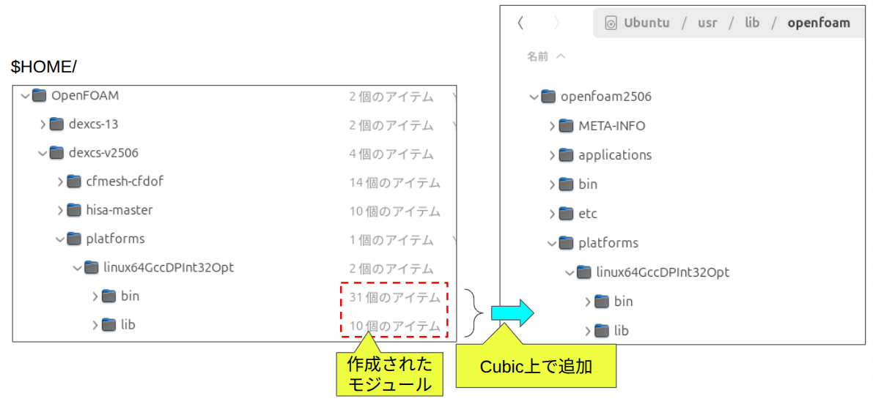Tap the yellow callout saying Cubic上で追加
[535, 366]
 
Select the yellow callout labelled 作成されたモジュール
[389, 374]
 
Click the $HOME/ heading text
[44, 67]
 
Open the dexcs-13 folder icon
[56, 124]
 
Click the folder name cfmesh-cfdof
[125, 181]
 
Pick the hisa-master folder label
[119, 210]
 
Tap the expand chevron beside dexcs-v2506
[43, 153]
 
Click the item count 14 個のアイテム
[394, 182]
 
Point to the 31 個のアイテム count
[394, 297]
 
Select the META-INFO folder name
[612, 126]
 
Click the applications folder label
[615, 155]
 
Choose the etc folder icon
[565, 214]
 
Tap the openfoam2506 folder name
[606, 97]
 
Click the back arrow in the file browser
[520, 23]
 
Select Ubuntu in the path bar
[647, 23]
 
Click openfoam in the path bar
[819, 23]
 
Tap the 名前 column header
[538, 56]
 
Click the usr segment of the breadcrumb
[707, 23]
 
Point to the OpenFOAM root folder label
[85, 95]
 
